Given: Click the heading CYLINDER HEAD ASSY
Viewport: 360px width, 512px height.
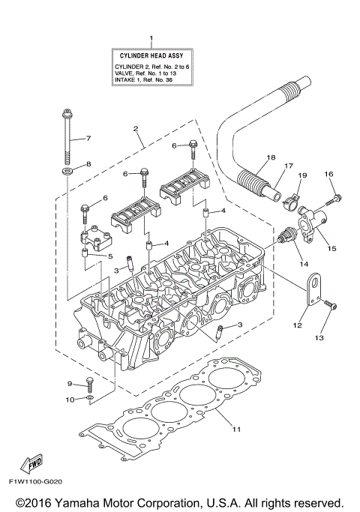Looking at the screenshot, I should tap(152, 55).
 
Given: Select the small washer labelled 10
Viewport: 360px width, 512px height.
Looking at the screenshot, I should tap(90, 398).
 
